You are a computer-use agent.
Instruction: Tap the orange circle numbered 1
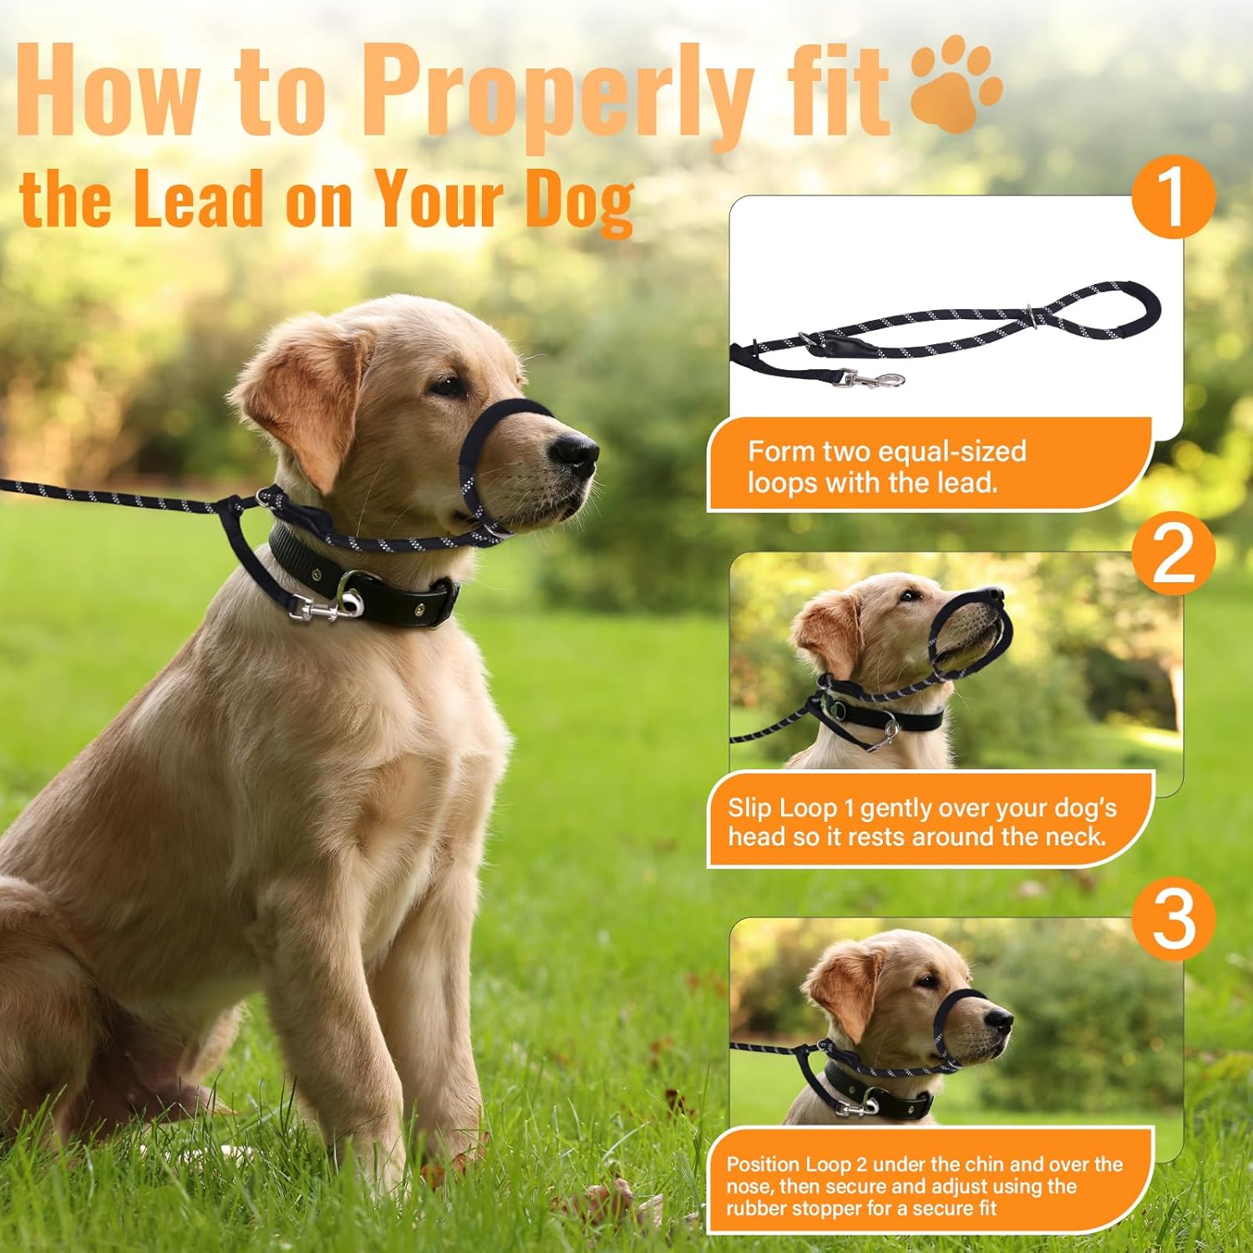coord(1173,197)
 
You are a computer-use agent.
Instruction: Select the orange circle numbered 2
coord(1173,554)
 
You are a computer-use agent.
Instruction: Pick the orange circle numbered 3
coord(1173,919)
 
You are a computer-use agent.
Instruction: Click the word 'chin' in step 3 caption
coord(987,1164)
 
